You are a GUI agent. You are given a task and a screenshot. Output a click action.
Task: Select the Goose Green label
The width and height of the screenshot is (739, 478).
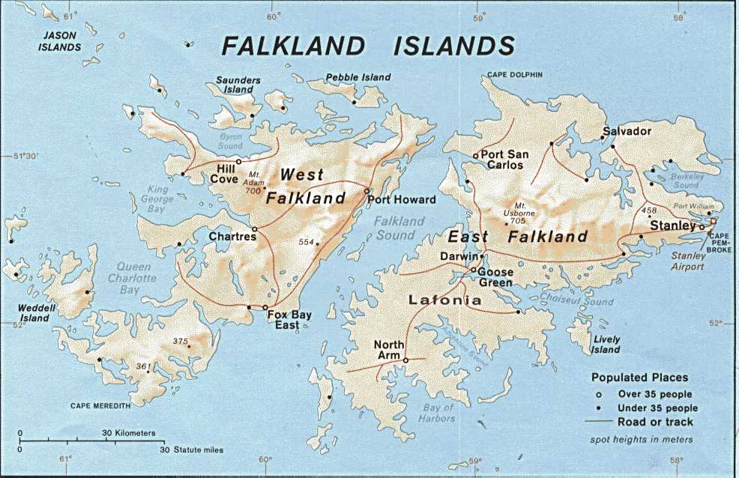495,277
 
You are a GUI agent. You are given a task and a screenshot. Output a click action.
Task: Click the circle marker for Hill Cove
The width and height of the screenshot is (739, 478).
239,162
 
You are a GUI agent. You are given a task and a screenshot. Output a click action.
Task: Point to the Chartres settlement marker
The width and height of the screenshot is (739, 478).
255,229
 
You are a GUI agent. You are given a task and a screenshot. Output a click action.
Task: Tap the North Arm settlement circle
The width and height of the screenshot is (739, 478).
405,360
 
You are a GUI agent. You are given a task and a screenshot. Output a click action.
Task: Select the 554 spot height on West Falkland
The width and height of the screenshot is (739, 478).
305,242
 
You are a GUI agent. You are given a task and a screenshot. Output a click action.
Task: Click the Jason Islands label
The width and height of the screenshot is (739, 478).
61,41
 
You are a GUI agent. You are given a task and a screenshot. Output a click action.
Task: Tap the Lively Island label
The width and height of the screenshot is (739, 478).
605,345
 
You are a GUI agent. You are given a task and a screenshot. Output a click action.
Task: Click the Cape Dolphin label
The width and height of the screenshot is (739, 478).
514,75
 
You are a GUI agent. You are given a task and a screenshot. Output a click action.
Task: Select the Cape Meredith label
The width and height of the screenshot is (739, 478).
100,405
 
